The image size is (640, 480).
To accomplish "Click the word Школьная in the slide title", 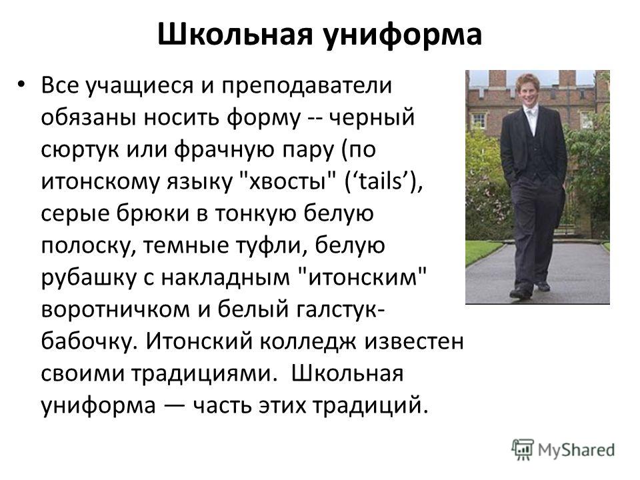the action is click(235, 34).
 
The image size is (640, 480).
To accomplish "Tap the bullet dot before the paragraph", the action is click(21, 85).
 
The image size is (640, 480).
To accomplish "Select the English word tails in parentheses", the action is click(381, 181).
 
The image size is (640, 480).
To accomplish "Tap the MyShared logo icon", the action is click(523, 450).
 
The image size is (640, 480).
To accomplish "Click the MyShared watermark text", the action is click(576, 450).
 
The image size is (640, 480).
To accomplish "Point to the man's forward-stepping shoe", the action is click(521, 292).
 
